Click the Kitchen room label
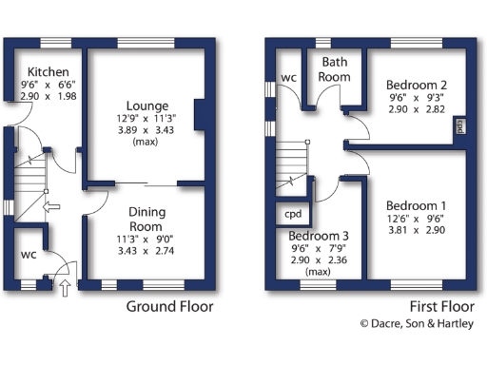tap(46, 72)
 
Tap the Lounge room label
tap(148, 106)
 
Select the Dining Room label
tap(146, 221)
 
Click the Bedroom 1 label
tap(417, 206)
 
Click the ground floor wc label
tap(29, 256)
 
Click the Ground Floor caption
tap(170, 307)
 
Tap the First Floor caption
tap(441, 307)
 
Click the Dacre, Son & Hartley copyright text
tap(417, 324)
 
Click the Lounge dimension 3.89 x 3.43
tap(148, 130)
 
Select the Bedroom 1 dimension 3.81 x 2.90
tap(417, 231)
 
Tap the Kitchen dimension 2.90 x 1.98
tap(46, 98)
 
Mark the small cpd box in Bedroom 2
tap(460, 126)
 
